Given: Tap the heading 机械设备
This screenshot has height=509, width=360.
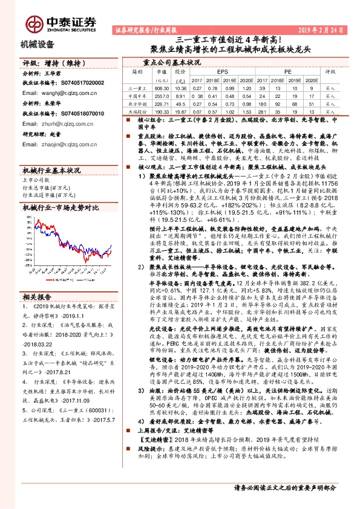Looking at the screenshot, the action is pos(38,44).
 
